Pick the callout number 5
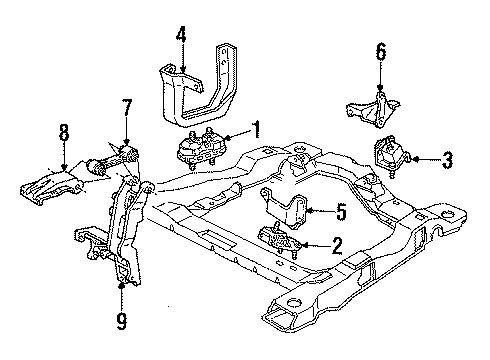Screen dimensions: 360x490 (340, 211)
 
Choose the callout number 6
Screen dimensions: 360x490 (380, 50)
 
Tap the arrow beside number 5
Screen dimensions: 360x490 (318, 211)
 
